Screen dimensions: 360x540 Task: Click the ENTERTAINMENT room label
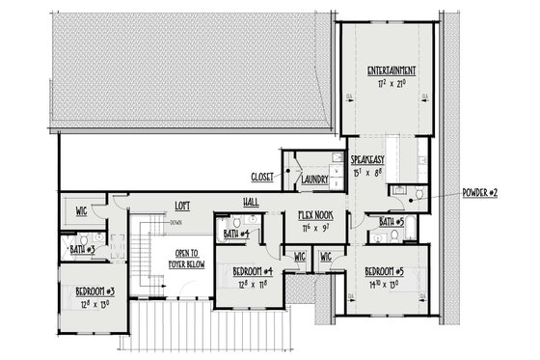tap(391, 70)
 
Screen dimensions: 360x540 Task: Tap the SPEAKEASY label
tap(369, 158)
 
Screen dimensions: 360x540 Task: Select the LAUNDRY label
tap(315, 179)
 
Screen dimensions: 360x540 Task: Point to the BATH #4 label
tap(237, 233)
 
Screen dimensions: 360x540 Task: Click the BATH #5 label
tap(391, 221)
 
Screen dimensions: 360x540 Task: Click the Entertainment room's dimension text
tap(391, 84)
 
